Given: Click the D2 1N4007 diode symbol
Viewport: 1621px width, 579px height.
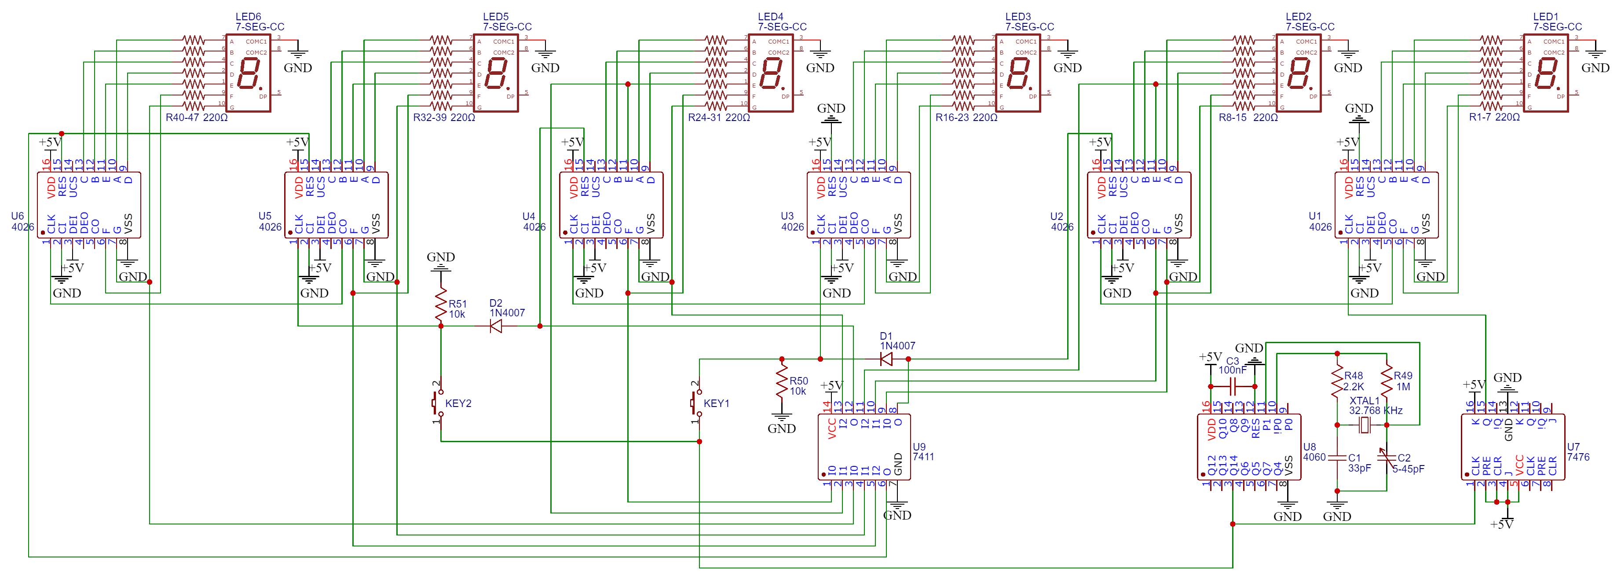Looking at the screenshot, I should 496,326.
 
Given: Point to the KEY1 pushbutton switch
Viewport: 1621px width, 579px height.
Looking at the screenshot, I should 696,403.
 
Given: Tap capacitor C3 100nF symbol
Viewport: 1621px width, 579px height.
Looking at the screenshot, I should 1232,386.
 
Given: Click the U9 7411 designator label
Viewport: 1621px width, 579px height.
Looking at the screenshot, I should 923,452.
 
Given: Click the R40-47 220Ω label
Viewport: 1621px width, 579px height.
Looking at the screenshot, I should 196,117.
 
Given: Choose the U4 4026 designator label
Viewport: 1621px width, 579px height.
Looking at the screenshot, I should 534,222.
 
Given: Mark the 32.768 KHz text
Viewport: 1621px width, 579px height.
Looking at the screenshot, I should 1375,410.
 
